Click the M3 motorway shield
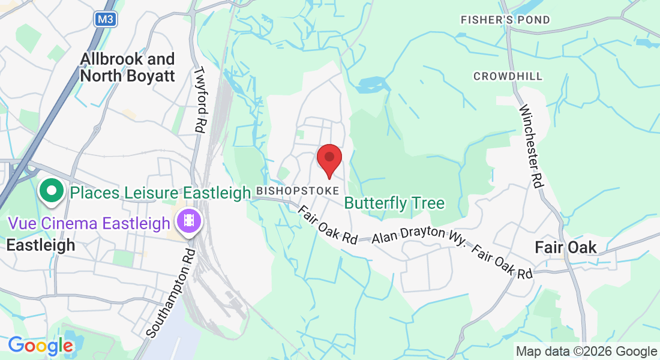tap(106, 19)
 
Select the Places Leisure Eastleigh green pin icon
tap(52, 191)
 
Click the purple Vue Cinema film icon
tap(189, 221)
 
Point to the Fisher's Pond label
tap(505, 20)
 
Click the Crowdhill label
tap(508, 76)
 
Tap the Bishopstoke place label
tap(297, 190)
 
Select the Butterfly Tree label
tap(395, 203)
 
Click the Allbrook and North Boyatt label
tap(127, 67)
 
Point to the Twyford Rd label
tap(199, 99)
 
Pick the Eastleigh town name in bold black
tap(41, 245)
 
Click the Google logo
tap(40, 346)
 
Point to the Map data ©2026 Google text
tap(586, 352)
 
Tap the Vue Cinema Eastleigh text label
tap(89, 224)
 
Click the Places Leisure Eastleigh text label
tap(160, 193)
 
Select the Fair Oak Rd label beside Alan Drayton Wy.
tap(502, 262)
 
